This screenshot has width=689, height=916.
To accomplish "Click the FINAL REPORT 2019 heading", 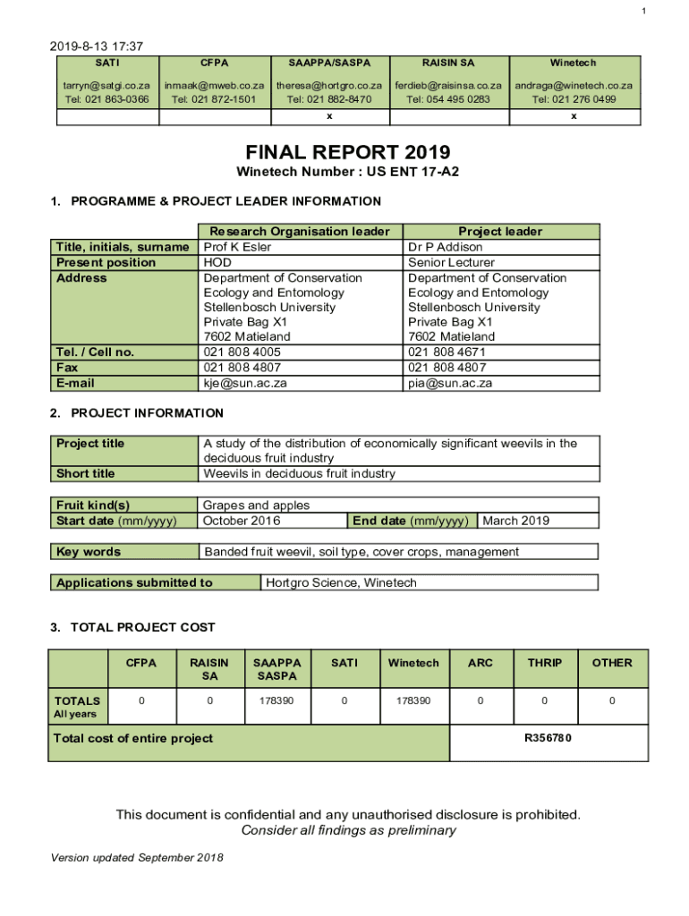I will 344,152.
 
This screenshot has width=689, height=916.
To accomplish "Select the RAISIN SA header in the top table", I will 448,64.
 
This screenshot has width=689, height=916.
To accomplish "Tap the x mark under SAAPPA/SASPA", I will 329,116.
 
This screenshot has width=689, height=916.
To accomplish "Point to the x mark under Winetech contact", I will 574,116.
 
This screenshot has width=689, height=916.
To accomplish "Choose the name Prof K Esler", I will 238,247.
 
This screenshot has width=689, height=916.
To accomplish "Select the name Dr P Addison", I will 446,247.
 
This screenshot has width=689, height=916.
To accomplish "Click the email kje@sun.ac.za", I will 246,383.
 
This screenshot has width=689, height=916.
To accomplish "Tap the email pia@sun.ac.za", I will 450,383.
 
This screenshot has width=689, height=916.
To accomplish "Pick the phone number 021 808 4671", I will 450,352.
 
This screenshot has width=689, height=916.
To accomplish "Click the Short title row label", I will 86,473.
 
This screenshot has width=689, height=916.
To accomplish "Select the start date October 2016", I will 242,521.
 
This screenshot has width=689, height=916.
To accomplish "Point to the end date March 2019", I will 515,521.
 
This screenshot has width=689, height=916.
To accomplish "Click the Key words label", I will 89,552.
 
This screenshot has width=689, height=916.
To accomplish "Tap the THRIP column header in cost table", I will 544,663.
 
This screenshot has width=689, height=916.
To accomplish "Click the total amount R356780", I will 548,738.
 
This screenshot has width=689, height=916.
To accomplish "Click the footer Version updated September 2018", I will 137,859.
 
